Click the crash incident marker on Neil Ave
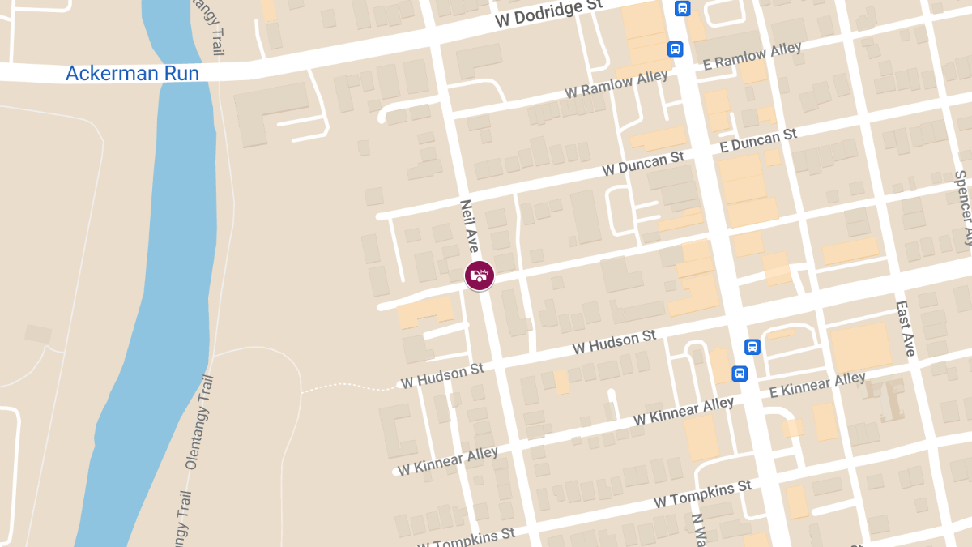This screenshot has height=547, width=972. [479, 276]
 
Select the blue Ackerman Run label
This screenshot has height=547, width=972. [132, 73]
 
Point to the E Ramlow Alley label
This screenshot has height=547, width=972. [752, 57]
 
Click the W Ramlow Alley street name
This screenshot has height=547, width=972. [617, 83]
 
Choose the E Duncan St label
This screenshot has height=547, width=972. [758, 140]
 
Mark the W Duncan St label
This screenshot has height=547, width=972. [643, 164]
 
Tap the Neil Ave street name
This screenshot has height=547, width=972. [469, 226]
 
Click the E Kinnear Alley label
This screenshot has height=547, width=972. [816, 385]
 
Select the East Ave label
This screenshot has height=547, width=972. [905, 329]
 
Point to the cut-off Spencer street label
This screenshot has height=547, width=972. [962, 207]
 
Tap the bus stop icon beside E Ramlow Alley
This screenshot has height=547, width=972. [675, 49]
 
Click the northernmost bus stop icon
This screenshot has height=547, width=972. [683, 9]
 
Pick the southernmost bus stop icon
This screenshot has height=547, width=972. [739, 374]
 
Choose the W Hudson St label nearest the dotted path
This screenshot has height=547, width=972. [442, 374]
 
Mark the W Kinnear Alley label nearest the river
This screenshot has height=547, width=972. [447, 461]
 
